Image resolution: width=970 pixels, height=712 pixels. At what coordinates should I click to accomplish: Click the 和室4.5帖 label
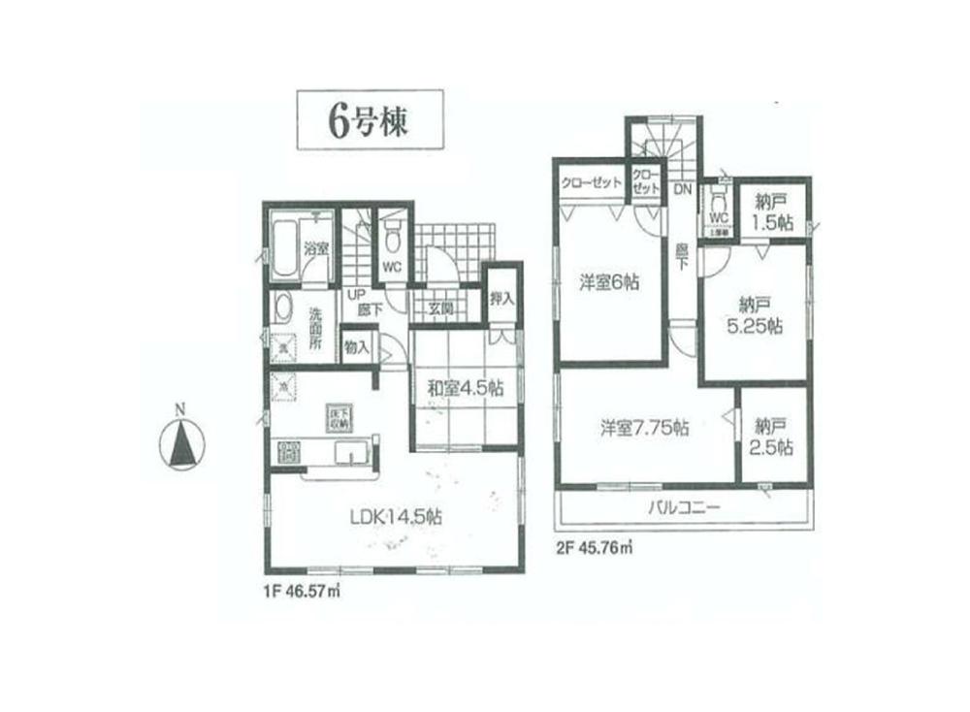tap(466, 388)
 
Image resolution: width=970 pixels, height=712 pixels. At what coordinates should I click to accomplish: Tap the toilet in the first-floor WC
tap(391, 236)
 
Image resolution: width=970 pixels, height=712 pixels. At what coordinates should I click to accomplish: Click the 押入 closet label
tap(501, 299)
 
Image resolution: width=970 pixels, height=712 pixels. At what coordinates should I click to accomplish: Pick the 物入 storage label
tap(356, 346)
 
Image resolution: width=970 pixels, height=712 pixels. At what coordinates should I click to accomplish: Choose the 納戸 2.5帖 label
tap(772, 436)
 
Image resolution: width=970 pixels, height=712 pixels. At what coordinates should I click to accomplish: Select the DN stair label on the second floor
tap(682, 190)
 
